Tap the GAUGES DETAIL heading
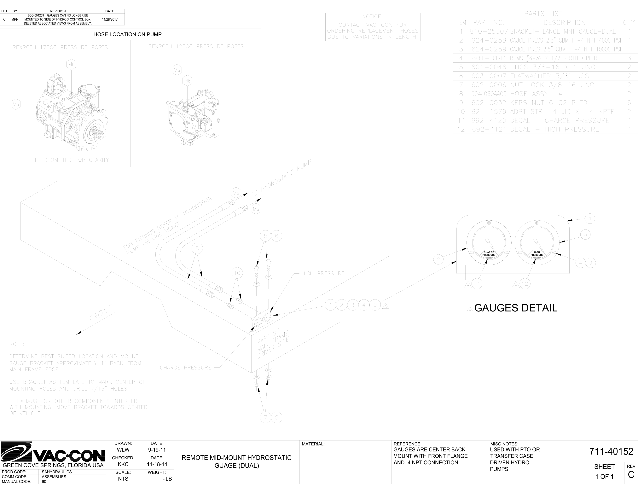click(x=516, y=308)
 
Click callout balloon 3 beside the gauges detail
click(x=585, y=235)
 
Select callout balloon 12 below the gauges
click(x=525, y=284)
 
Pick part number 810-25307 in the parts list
click(x=489, y=32)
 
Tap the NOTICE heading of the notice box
click(x=372, y=17)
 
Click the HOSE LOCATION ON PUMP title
click(x=127, y=34)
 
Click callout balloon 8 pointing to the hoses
click(x=197, y=248)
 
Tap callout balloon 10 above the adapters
click(x=237, y=273)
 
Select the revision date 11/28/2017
click(x=110, y=20)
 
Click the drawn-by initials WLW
click(x=123, y=450)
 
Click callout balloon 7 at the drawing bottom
click(x=265, y=417)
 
